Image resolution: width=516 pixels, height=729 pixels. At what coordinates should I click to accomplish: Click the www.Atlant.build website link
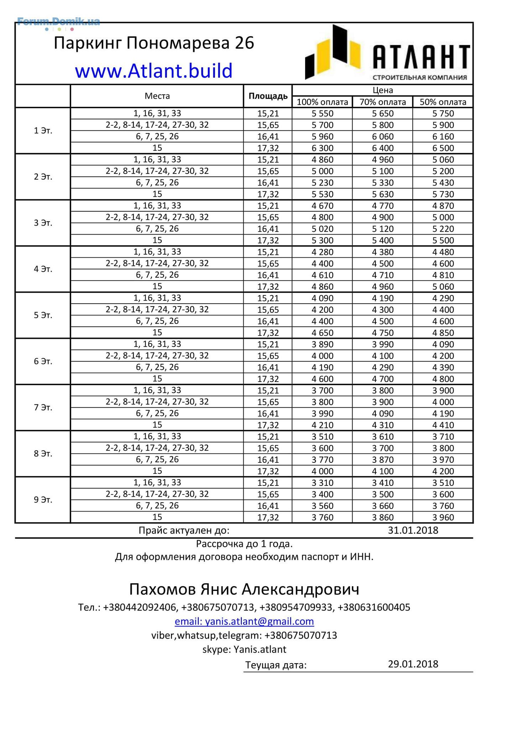tap(153, 70)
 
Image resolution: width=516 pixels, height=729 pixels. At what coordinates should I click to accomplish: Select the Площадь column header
tap(268, 96)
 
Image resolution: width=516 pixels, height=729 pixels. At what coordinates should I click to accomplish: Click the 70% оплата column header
tap(382, 102)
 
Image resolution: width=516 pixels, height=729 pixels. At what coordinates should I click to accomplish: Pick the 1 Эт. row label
tap(43, 131)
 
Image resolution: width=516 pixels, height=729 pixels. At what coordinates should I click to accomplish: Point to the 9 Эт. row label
tap(43, 500)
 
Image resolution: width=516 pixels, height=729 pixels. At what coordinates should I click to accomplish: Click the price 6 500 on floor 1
tap(443, 148)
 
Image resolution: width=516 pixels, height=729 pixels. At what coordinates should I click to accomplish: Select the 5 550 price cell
tap(322, 114)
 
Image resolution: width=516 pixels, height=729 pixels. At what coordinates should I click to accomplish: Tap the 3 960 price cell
tap(443, 517)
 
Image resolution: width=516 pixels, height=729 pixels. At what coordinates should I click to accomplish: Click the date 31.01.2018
tap(413, 530)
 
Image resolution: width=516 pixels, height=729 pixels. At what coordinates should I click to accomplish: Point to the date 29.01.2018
tap(413, 664)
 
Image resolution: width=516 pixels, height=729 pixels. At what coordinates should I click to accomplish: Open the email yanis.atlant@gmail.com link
tap(244, 621)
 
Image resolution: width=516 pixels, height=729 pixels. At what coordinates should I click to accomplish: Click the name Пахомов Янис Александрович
tap(244, 589)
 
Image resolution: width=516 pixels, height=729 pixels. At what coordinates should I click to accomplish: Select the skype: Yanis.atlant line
tap(244, 649)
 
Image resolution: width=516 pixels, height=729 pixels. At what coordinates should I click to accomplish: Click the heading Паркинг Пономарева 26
tap(154, 43)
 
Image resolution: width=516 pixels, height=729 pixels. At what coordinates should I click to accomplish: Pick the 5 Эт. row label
tap(43, 315)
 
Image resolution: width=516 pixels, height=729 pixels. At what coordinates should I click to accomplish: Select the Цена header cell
tap(382, 90)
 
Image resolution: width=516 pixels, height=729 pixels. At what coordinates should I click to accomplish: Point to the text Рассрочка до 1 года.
tap(244, 544)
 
